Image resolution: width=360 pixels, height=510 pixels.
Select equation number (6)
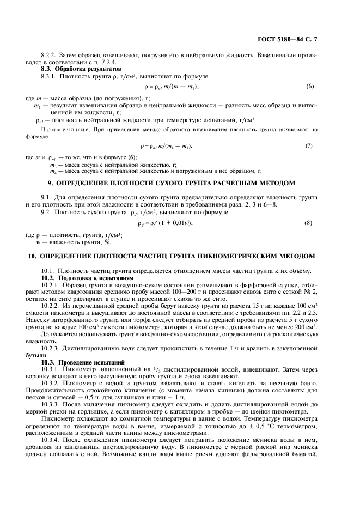[x=310, y=87]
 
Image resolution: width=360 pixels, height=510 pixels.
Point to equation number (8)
[x=309, y=223]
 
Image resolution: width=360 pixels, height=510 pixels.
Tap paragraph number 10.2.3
[x=52, y=348]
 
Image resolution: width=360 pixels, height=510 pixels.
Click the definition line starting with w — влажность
[x=70, y=241]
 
